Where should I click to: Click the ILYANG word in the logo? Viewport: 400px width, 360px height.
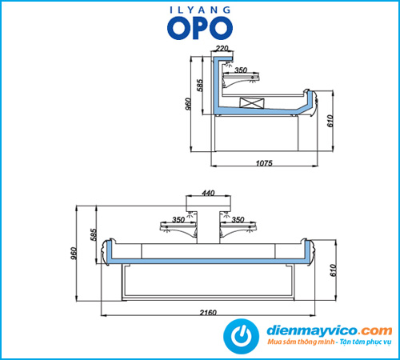pyautogui.click(x=200, y=10)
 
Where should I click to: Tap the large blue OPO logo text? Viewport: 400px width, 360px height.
pyautogui.click(x=200, y=28)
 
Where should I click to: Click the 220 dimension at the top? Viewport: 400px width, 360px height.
pyautogui.click(x=222, y=48)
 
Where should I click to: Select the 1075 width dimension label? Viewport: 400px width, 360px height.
pyautogui.click(x=264, y=163)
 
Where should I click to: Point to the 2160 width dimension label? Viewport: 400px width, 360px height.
pyautogui.click(x=208, y=312)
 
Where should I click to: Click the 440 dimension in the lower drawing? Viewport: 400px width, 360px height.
pyautogui.click(x=208, y=193)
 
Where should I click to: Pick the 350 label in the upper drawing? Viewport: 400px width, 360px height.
pyautogui.click(x=241, y=70)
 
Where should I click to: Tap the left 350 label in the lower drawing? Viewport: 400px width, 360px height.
pyautogui.click(x=178, y=220)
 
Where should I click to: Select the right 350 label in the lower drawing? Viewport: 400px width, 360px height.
pyautogui.click(x=238, y=220)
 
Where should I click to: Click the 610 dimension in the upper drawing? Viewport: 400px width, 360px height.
pyautogui.click(x=330, y=121)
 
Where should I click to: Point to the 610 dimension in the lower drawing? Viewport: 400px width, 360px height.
pyautogui.click(x=333, y=270)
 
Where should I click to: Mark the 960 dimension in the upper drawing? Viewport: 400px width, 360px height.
pyautogui.click(x=188, y=104)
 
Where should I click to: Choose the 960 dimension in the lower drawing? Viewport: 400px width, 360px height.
pyautogui.click(x=74, y=254)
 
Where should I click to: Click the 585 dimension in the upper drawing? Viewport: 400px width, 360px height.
pyautogui.click(x=200, y=85)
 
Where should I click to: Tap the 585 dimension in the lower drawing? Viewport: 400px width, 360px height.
pyautogui.click(x=94, y=234)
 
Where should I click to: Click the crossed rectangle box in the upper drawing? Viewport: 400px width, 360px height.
pyautogui.click(x=252, y=103)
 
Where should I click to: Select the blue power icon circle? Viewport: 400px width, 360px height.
pyautogui.click(x=241, y=336)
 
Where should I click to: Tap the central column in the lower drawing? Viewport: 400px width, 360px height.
pyautogui.click(x=208, y=226)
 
